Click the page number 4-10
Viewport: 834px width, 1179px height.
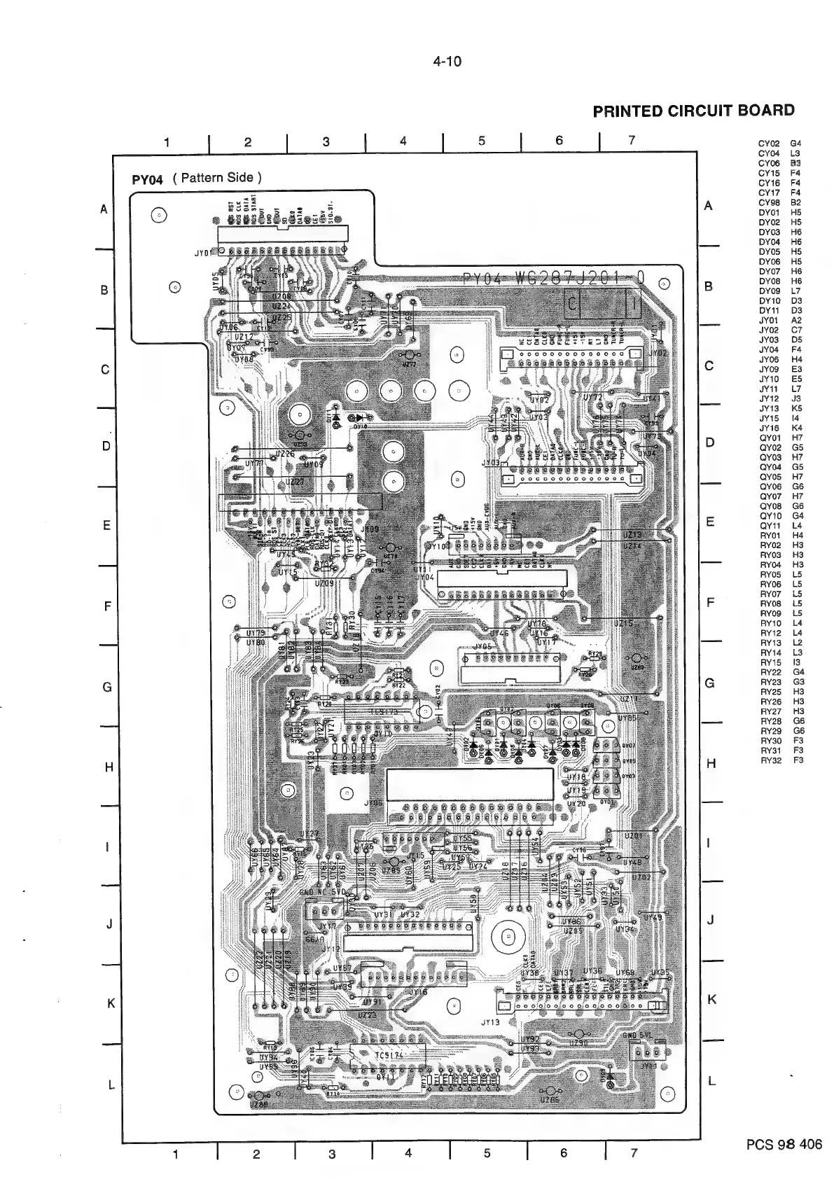[x=447, y=62]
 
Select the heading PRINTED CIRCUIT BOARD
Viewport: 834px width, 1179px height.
[x=693, y=111]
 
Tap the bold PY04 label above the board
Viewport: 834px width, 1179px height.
[x=147, y=179]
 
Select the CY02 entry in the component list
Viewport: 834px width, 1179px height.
[x=769, y=144]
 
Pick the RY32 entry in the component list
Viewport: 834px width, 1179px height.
[x=770, y=760]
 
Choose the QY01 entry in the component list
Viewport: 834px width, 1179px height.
[x=770, y=438]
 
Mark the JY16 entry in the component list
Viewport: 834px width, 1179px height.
[x=769, y=428]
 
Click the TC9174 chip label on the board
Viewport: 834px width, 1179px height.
[x=389, y=1055]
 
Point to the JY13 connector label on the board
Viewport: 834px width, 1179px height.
[x=490, y=1021]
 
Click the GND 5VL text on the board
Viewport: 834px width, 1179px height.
[x=638, y=1035]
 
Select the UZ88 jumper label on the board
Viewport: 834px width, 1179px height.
[x=258, y=1104]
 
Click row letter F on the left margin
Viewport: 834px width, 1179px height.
[x=108, y=606]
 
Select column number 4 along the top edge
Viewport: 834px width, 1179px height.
[x=403, y=141]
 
